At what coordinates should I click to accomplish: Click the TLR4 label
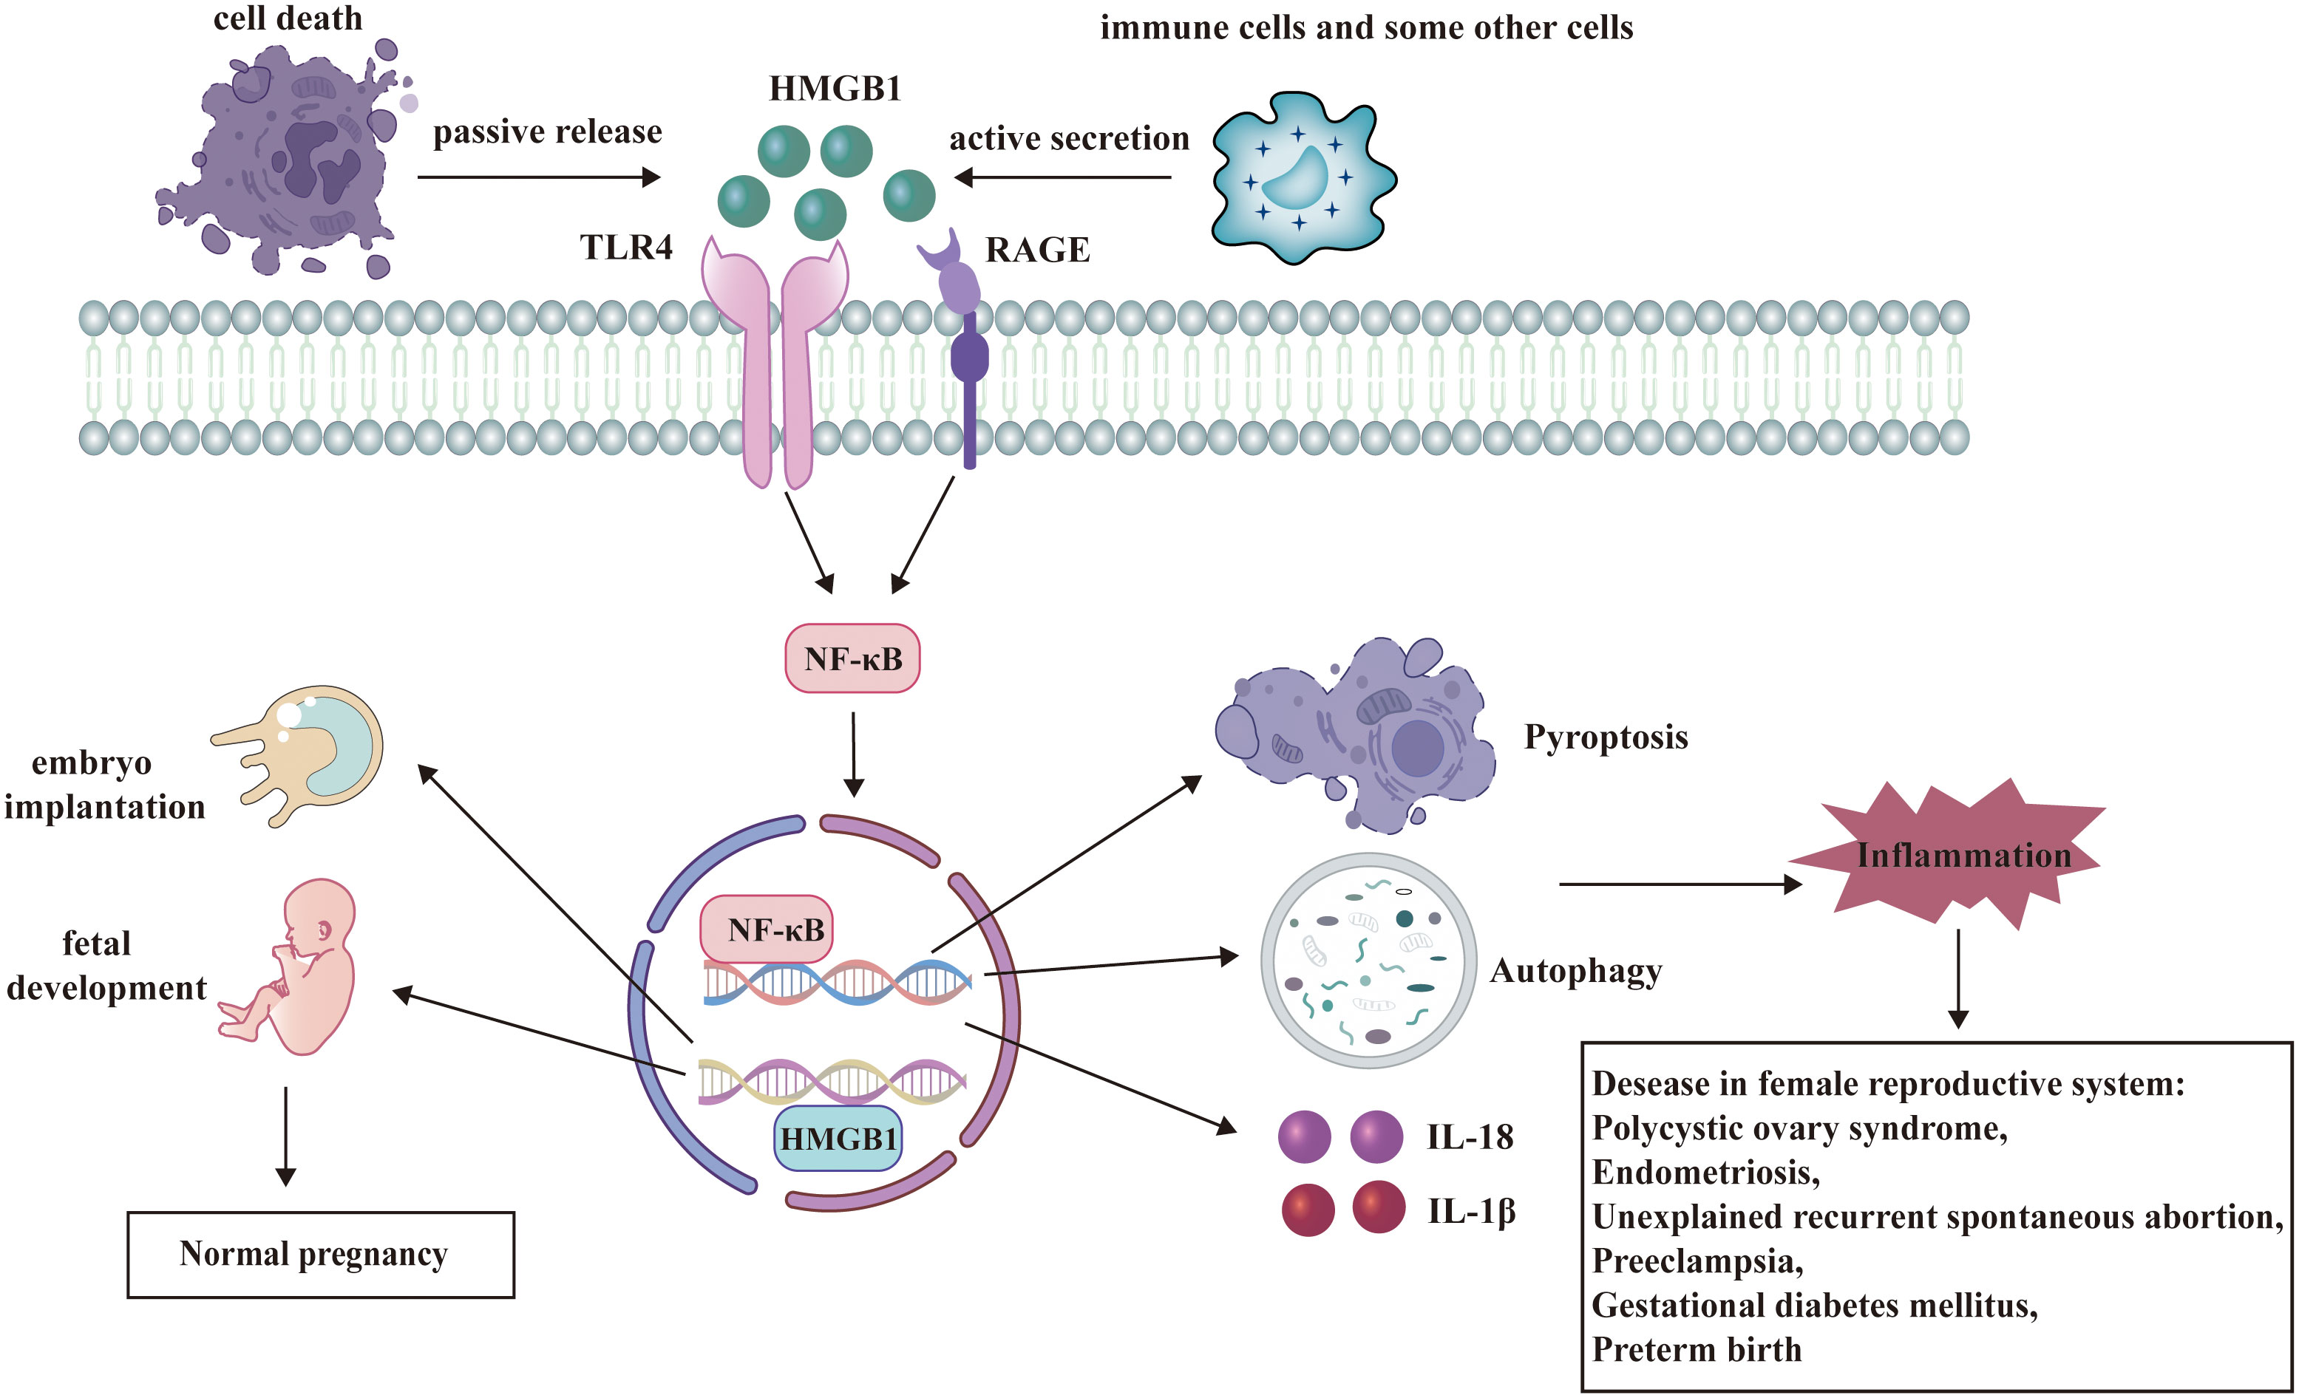[x=626, y=248]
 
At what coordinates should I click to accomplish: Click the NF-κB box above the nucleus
[x=852, y=658]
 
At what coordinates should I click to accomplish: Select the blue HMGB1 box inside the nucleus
[x=838, y=1139]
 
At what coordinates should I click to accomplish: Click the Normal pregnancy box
[x=320, y=1255]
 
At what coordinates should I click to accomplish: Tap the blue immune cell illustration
[x=1302, y=177]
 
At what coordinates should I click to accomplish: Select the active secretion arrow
[x=1063, y=177]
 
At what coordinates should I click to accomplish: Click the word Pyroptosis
[x=1606, y=737]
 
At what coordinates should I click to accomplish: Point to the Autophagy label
[x=1575, y=971]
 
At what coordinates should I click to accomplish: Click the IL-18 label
[x=1470, y=1137]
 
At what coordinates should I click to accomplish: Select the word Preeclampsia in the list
[x=1697, y=1261]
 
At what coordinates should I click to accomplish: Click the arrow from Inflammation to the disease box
[x=1957, y=979]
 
